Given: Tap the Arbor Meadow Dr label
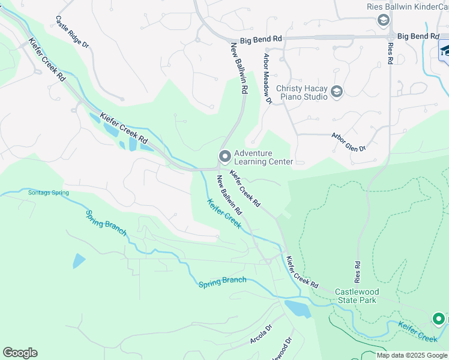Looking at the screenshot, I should [267, 79].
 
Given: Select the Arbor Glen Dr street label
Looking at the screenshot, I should [348, 141].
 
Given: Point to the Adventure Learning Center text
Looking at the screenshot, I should [263, 158].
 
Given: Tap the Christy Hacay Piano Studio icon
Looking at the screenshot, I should [337, 92].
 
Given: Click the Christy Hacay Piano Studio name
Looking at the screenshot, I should [301, 93].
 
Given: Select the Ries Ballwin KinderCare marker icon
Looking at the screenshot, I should [383, 21].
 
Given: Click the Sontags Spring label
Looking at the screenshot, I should [49, 193].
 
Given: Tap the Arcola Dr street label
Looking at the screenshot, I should [261, 335].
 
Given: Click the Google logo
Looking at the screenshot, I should [20, 353].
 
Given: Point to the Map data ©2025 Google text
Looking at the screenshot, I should [411, 355].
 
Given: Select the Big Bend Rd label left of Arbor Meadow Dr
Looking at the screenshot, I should [261, 40].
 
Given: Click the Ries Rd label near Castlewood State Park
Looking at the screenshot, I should [358, 272].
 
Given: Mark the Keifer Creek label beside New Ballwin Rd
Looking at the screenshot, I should [224, 214].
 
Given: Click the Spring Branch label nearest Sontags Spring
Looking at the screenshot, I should [106, 223].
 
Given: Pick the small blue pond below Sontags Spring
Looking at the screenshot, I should [79, 261].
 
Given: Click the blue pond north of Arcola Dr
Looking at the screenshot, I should [298, 308].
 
